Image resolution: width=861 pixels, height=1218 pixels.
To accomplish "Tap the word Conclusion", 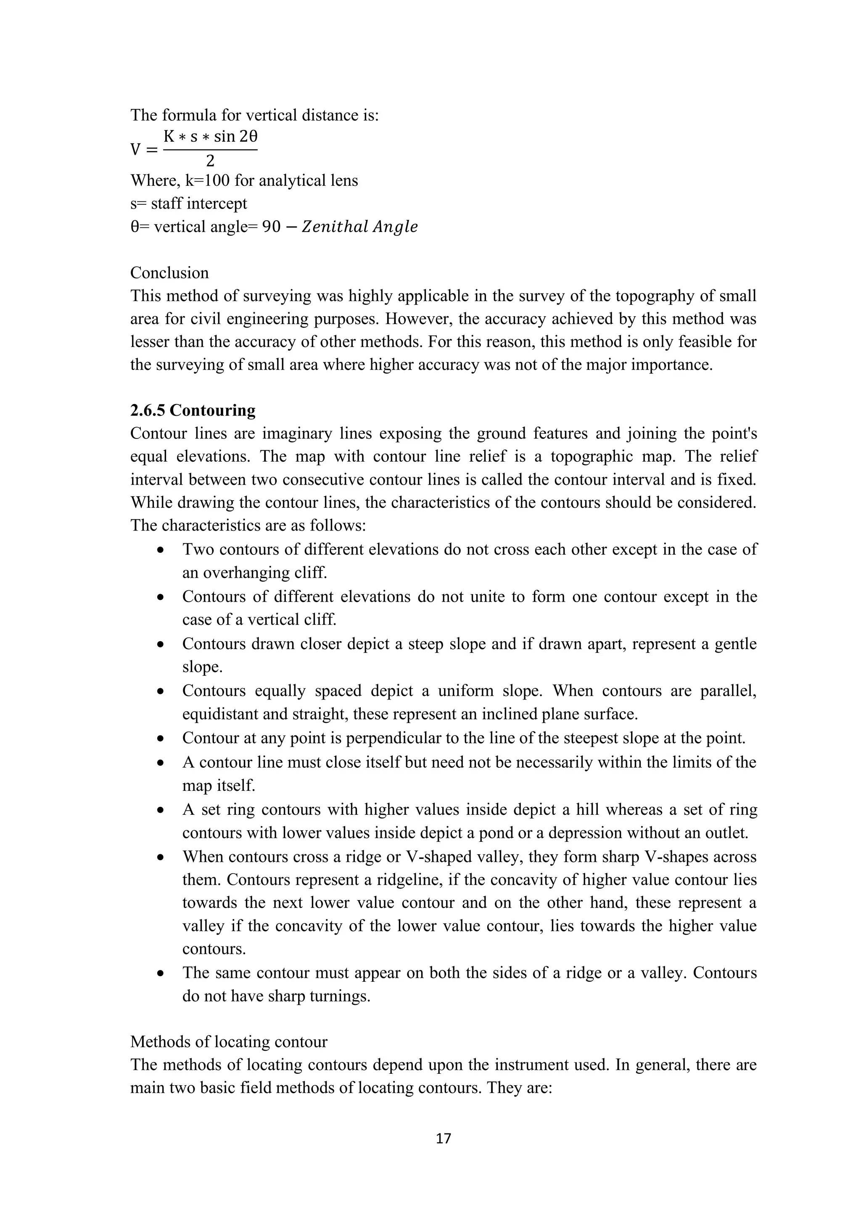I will click(169, 273).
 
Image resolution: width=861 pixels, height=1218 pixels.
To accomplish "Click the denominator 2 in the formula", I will click(210, 161).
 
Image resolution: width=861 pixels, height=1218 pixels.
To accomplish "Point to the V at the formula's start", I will click(136, 150).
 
